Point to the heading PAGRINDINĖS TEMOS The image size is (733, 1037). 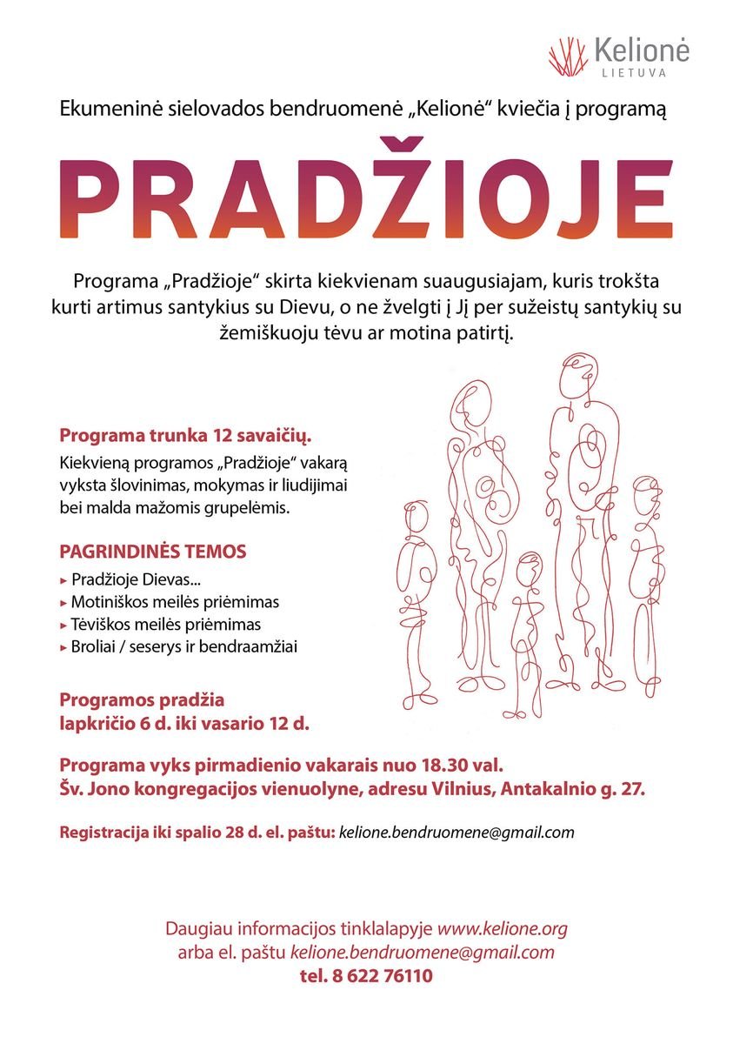click(153, 552)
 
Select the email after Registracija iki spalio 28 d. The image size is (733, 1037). click(456, 833)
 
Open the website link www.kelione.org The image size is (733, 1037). click(502, 929)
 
